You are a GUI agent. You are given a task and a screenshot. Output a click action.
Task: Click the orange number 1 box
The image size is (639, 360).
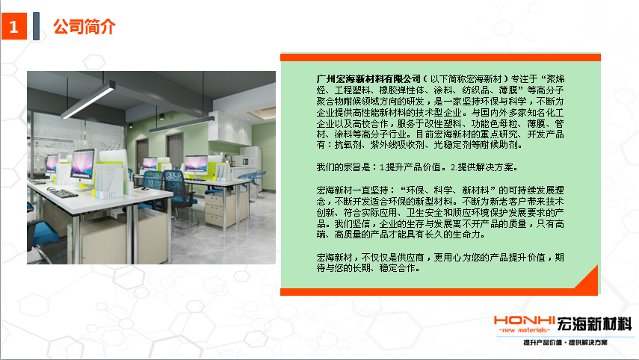coord(14,26)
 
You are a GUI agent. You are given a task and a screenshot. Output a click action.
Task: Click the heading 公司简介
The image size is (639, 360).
coord(84,26)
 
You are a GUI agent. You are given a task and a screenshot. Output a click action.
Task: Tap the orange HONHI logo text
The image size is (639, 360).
coord(525,320)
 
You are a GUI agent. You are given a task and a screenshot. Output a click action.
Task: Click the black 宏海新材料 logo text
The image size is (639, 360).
coord(594,323)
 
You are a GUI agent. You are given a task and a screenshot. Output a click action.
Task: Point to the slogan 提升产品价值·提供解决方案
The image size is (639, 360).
coord(565,343)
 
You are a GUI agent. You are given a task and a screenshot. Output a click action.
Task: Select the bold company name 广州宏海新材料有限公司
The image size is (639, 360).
coord(368,78)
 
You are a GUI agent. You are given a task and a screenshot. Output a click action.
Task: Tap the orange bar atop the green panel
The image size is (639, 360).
coord(440,57)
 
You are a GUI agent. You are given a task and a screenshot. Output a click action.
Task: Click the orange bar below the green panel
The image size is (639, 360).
coord(439,291)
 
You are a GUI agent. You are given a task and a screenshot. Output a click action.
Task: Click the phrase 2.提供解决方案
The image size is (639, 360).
coord(484,167)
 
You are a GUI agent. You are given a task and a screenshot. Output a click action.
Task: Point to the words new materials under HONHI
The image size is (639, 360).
coord(525,330)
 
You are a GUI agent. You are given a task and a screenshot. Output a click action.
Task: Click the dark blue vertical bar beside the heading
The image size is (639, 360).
coord(37,26)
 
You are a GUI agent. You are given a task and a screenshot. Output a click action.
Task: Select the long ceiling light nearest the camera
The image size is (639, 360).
coord(88,100)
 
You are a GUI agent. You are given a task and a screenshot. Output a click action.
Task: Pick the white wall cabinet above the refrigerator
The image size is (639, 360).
coord(230,128)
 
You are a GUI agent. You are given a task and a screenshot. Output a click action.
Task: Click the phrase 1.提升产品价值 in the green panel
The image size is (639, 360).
coord(413,167)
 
